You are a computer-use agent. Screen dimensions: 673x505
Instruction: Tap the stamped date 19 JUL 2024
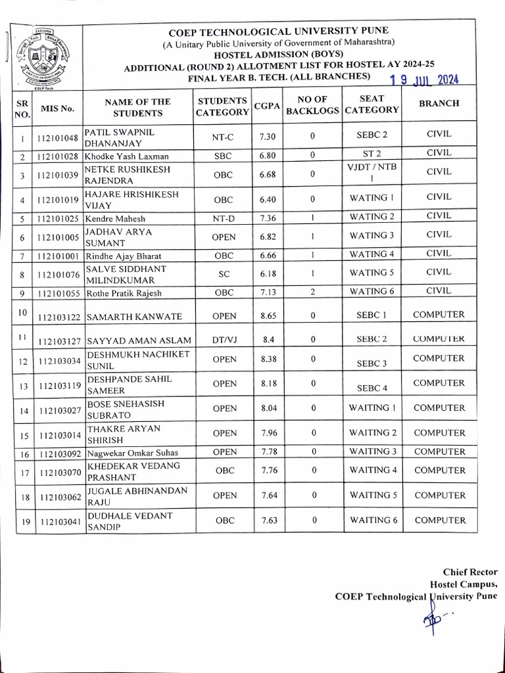(x=424, y=80)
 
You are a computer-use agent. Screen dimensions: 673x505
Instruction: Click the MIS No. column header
(x=58, y=108)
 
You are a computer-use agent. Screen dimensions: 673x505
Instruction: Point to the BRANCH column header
(x=439, y=103)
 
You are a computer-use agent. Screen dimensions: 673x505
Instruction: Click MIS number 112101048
(x=58, y=138)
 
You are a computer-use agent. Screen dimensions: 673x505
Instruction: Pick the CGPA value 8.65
(x=268, y=316)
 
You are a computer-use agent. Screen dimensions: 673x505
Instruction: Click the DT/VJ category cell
(x=224, y=340)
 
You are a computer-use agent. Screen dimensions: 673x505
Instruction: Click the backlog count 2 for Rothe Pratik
(x=313, y=292)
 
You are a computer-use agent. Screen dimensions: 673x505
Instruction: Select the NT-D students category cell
(x=224, y=218)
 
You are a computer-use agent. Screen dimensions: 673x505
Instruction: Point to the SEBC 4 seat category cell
(x=372, y=388)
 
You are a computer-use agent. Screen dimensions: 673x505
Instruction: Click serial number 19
(x=22, y=521)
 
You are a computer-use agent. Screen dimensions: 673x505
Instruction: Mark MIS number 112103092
(x=58, y=453)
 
